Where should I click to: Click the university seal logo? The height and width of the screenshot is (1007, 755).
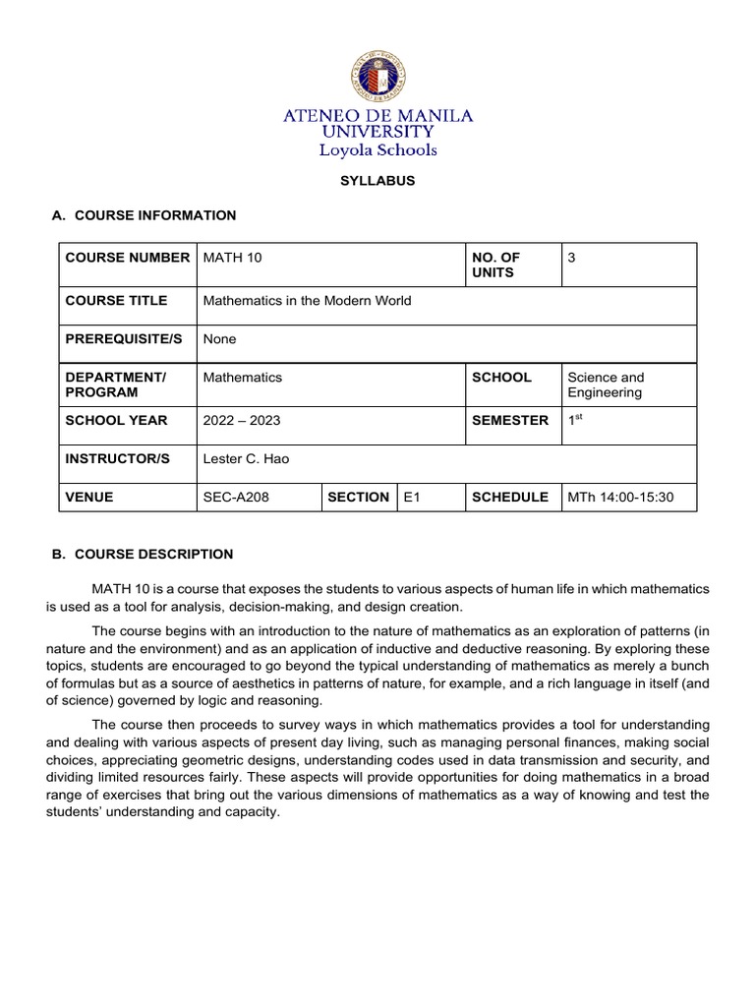click(x=377, y=80)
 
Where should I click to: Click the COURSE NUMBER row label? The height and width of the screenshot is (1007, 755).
click(x=128, y=258)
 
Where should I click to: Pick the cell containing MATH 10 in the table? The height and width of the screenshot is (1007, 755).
click(x=232, y=258)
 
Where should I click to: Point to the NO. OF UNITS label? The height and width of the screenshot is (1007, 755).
click(x=496, y=265)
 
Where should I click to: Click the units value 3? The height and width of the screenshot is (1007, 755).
click(x=572, y=258)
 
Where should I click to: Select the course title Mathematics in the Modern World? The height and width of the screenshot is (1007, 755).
click(x=307, y=301)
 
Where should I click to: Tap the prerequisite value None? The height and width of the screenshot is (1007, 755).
click(x=219, y=339)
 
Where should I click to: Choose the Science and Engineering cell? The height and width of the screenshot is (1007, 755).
click(x=606, y=385)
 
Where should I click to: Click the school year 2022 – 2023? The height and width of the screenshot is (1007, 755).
click(x=241, y=421)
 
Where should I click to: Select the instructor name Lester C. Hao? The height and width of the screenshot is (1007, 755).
click(x=246, y=459)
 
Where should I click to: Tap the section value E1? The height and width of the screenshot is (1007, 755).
click(x=412, y=498)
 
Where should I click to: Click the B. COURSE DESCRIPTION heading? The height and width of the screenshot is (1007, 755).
click(x=142, y=554)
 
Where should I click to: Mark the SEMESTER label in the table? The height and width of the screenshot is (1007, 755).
click(x=510, y=421)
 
